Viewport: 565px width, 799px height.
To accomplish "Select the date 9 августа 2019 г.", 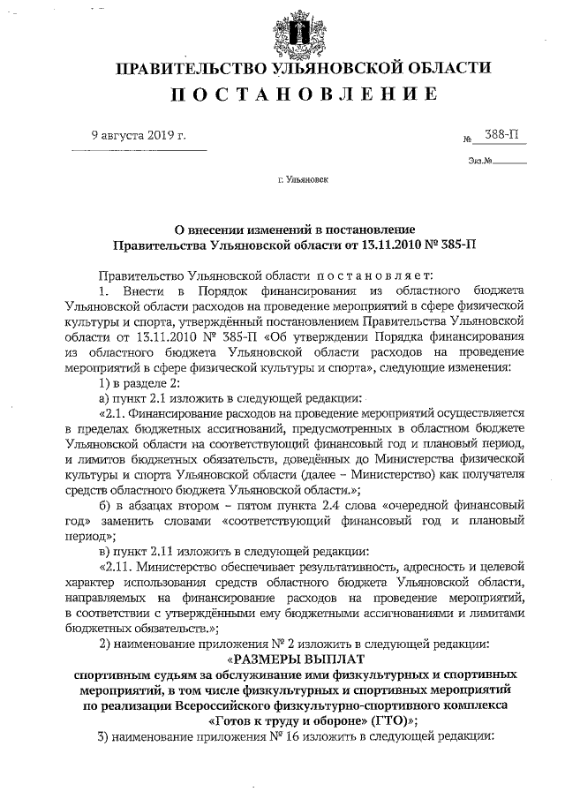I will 139,135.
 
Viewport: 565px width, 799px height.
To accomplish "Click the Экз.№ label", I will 480,162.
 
